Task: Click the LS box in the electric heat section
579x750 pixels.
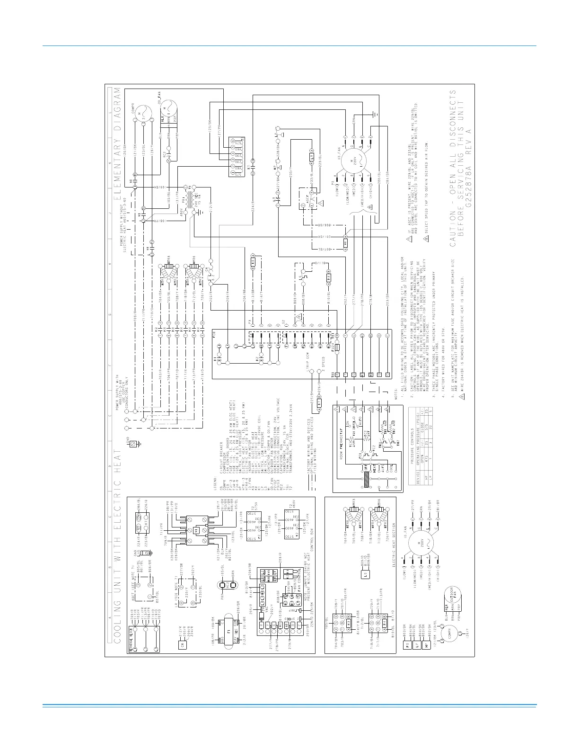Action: [x=366, y=575]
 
